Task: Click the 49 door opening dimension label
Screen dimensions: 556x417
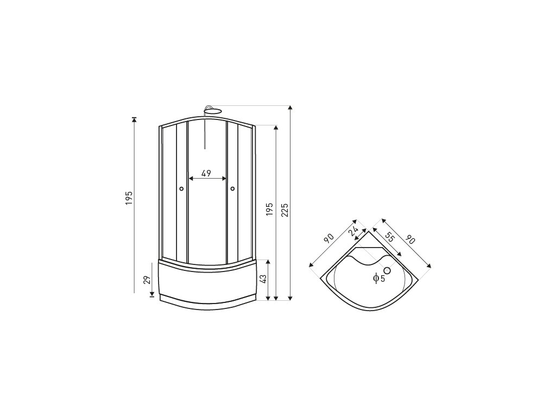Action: click(206, 173)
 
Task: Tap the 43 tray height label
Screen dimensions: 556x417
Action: click(263, 279)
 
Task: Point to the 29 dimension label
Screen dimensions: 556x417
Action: click(146, 280)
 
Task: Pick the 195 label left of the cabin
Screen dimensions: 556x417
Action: click(129, 199)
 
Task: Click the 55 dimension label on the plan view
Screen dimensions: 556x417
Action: click(389, 237)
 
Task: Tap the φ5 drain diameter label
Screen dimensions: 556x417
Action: click(379, 279)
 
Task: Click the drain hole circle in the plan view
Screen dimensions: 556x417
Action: click(387, 270)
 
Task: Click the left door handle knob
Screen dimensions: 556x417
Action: click(181, 189)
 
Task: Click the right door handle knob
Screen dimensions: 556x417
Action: click(232, 189)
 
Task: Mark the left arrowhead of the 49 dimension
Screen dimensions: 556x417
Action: click(190, 178)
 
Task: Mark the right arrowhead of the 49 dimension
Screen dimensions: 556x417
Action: click(224, 178)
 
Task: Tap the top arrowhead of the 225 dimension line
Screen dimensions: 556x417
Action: click(291, 108)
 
